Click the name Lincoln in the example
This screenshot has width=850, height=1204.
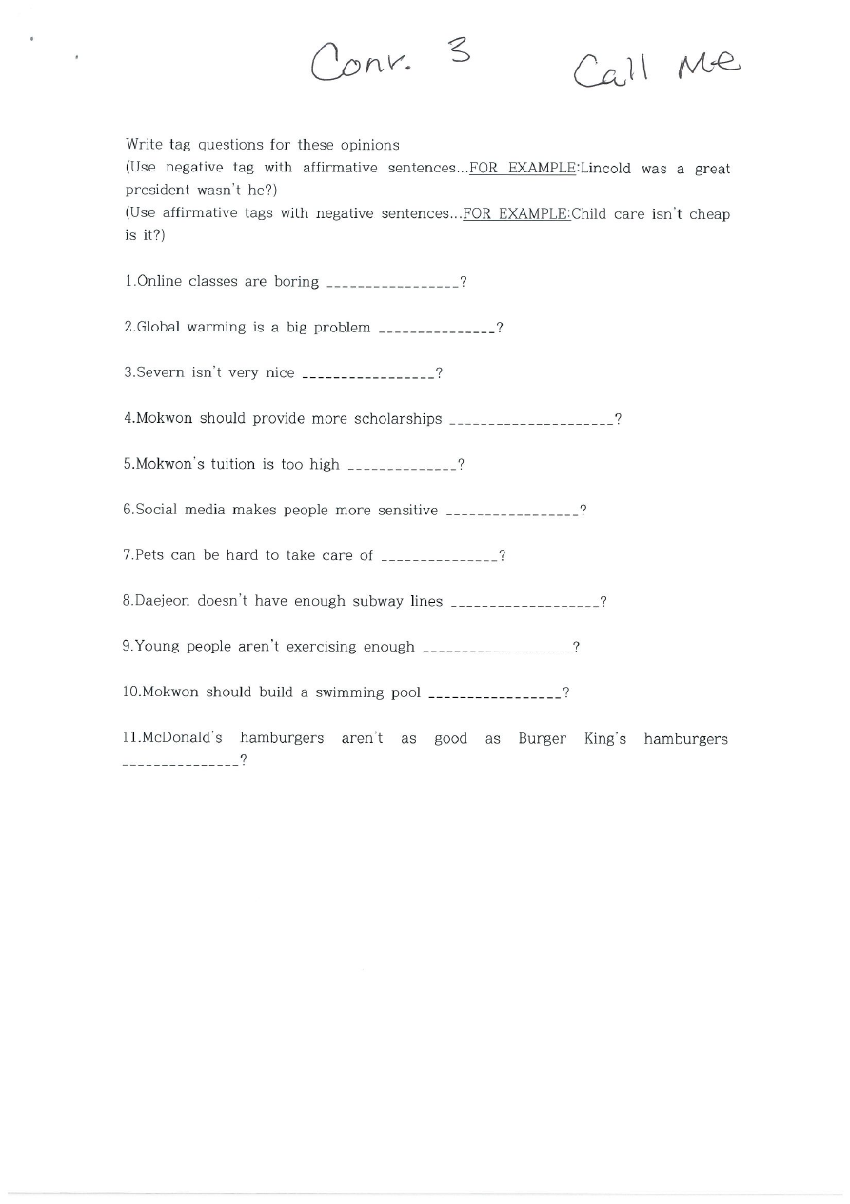[606, 169]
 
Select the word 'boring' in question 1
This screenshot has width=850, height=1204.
[296, 282]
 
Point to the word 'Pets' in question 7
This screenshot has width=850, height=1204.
[149, 555]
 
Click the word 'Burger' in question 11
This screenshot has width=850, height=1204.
[542, 738]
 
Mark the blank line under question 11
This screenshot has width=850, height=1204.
[180, 764]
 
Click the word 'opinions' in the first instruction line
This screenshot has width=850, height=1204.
[369, 145]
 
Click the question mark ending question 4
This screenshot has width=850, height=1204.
[619, 419]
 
